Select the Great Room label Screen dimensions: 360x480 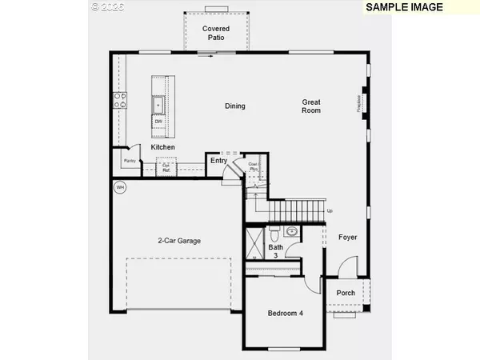[x=311, y=106]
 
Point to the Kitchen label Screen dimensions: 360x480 [x=163, y=147]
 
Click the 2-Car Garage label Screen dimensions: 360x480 [x=178, y=240]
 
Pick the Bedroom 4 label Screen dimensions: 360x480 [x=285, y=313]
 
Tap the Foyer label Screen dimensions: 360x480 [x=347, y=238]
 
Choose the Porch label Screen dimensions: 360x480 [x=346, y=293]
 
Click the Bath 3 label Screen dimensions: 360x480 [x=275, y=251]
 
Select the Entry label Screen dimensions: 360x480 [x=218, y=161]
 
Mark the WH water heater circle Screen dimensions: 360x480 [x=120, y=188]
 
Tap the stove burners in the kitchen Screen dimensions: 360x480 [x=121, y=100]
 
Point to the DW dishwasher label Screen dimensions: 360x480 [x=158, y=122]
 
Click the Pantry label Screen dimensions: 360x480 [x=129, y=161]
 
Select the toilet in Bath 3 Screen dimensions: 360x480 [x=274, y=235]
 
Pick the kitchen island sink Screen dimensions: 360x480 [x=158, y=104]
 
